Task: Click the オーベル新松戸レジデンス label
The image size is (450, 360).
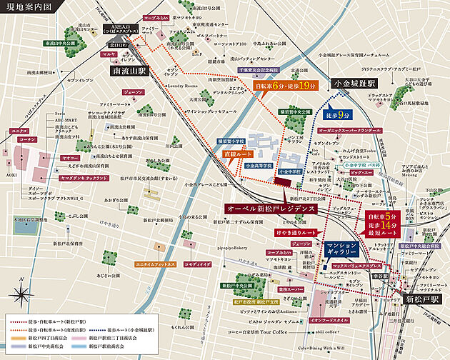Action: [x=267, y=207]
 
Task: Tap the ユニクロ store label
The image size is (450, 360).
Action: [x=19, y=131]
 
